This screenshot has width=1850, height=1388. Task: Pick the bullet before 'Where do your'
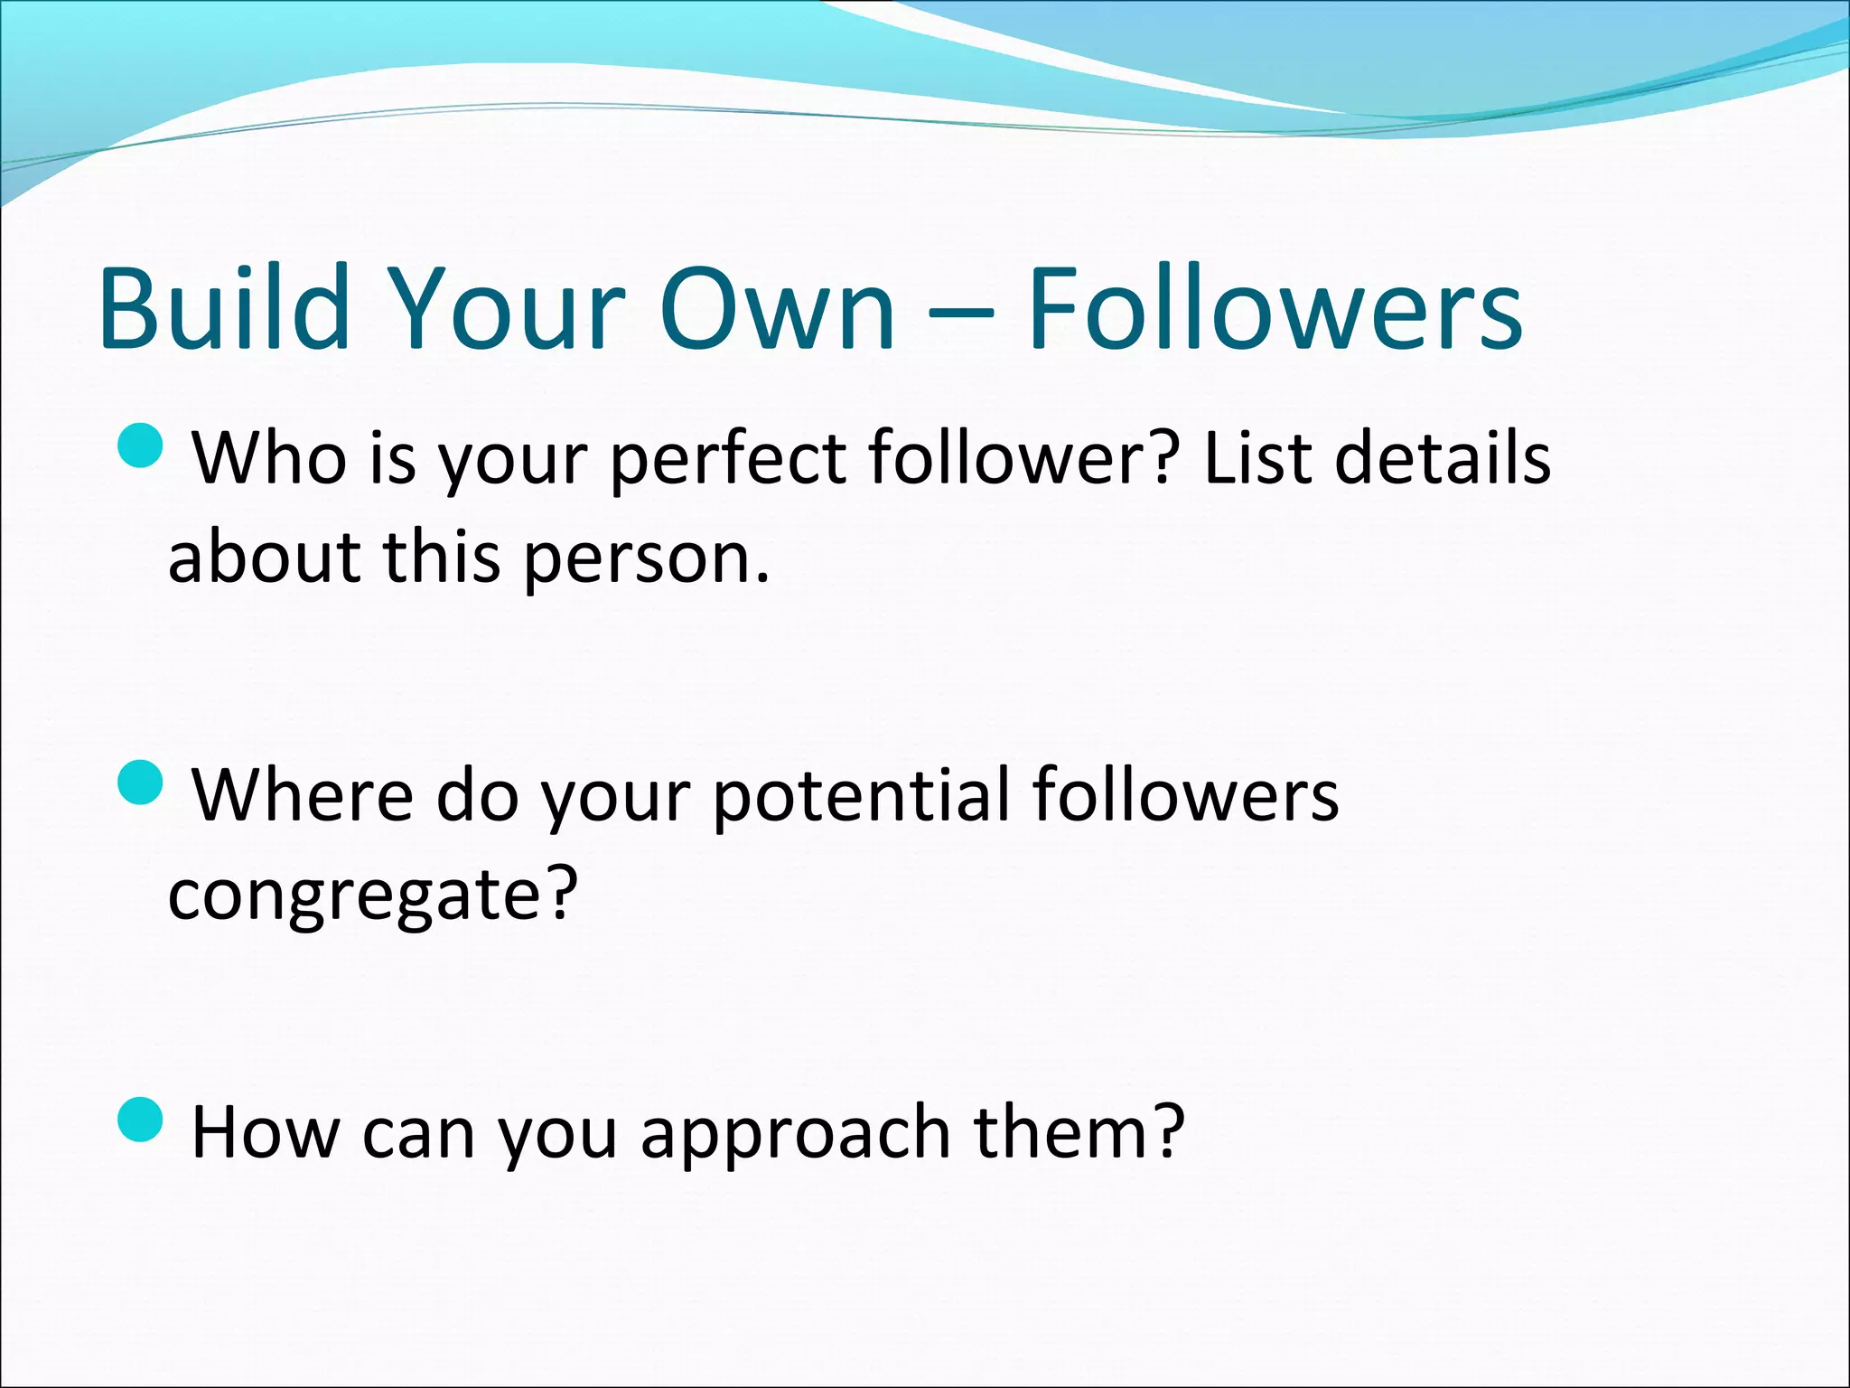coord(141,783)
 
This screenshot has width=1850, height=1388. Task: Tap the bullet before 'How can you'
coord(141,1120)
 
